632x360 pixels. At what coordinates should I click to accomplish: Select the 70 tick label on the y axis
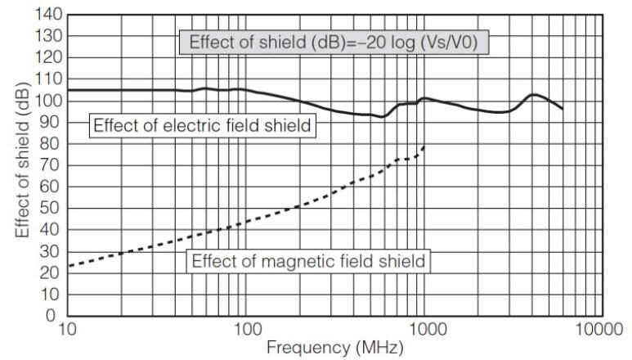point(51,165)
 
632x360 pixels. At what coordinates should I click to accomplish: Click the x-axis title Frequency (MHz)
point(335,349)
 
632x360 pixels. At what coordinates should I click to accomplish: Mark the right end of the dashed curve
point(425,146)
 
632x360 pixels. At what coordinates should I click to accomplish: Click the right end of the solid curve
point(563,109)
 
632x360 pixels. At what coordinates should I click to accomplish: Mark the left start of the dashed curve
point(69,266)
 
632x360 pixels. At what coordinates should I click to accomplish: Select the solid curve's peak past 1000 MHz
point(533,95)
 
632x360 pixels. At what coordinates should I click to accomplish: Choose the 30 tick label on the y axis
point(51,251)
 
